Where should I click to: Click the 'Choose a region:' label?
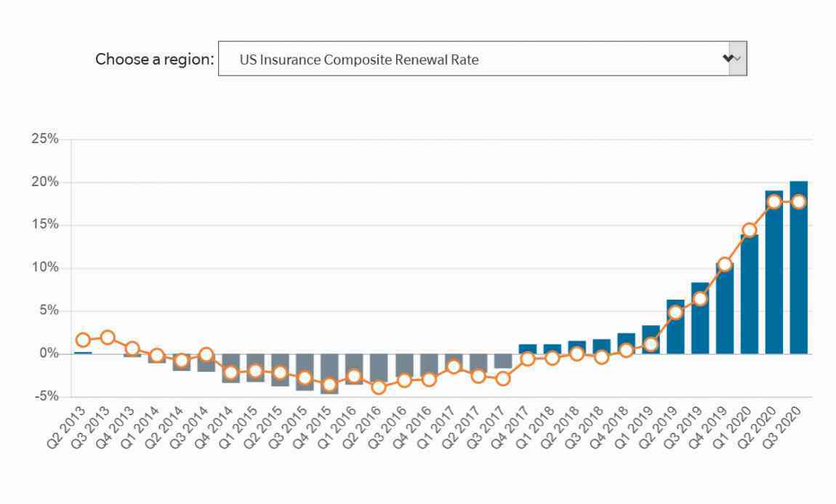pyautogui.click(x=154, y=59)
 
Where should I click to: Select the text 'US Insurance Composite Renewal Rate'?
pyautogui.click(x=359, y=60)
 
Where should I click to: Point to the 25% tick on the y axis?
pyautogui.click(x=44, y=139)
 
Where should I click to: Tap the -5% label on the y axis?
pyautogui.click(x=46, y=396)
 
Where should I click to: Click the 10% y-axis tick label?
pyautogui.click(x=44, y=268)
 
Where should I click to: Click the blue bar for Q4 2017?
pyautogui.click(x=528, y=349)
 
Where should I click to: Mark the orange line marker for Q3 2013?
pyautogui.click(x=108, y=337)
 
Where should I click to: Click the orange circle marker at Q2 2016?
pyautogui.click(x=379, y=387)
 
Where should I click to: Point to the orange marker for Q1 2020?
pyautogui.click(x=749, y=231)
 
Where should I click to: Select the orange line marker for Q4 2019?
pyautogui.click(x=725, y=264)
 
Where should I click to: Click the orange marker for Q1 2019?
pyautogui.click(x=651, y=344)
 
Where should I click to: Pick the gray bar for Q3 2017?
pyautogui.click(x=503, y=361)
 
